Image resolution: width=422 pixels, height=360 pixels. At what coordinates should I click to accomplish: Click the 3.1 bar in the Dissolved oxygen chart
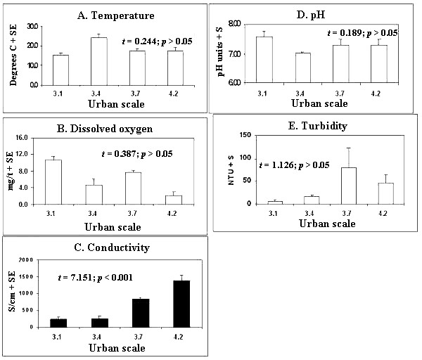(53, 182)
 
